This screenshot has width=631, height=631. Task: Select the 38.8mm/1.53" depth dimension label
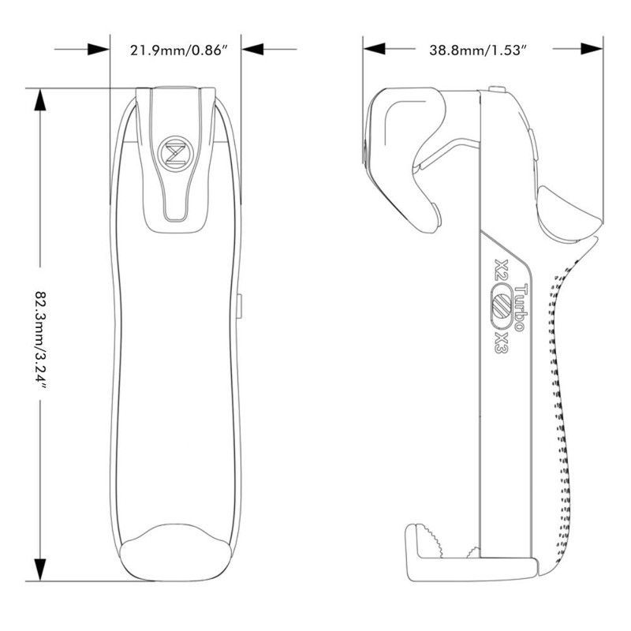[478, 50]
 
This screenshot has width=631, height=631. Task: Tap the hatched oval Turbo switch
[499, 306]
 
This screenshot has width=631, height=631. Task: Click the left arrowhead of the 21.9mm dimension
[99, 49]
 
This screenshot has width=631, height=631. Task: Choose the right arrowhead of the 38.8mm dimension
[592, 49]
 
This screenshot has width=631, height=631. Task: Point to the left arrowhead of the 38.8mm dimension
[374, 49]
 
